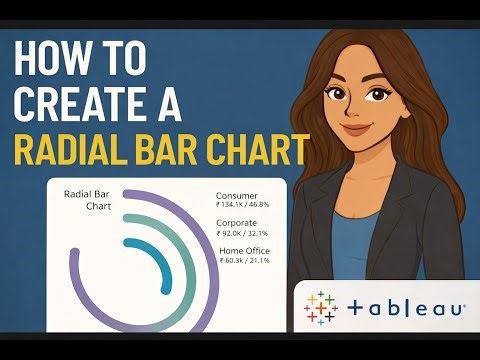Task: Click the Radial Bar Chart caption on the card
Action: (85, 201)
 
